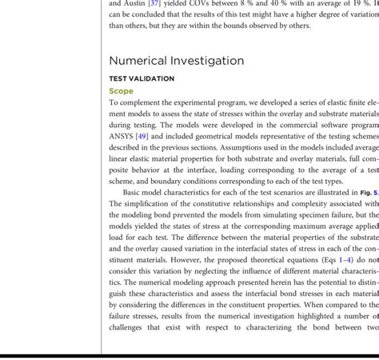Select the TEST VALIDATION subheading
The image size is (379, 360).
coord(142,78)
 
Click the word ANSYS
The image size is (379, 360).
coord(124,137)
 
